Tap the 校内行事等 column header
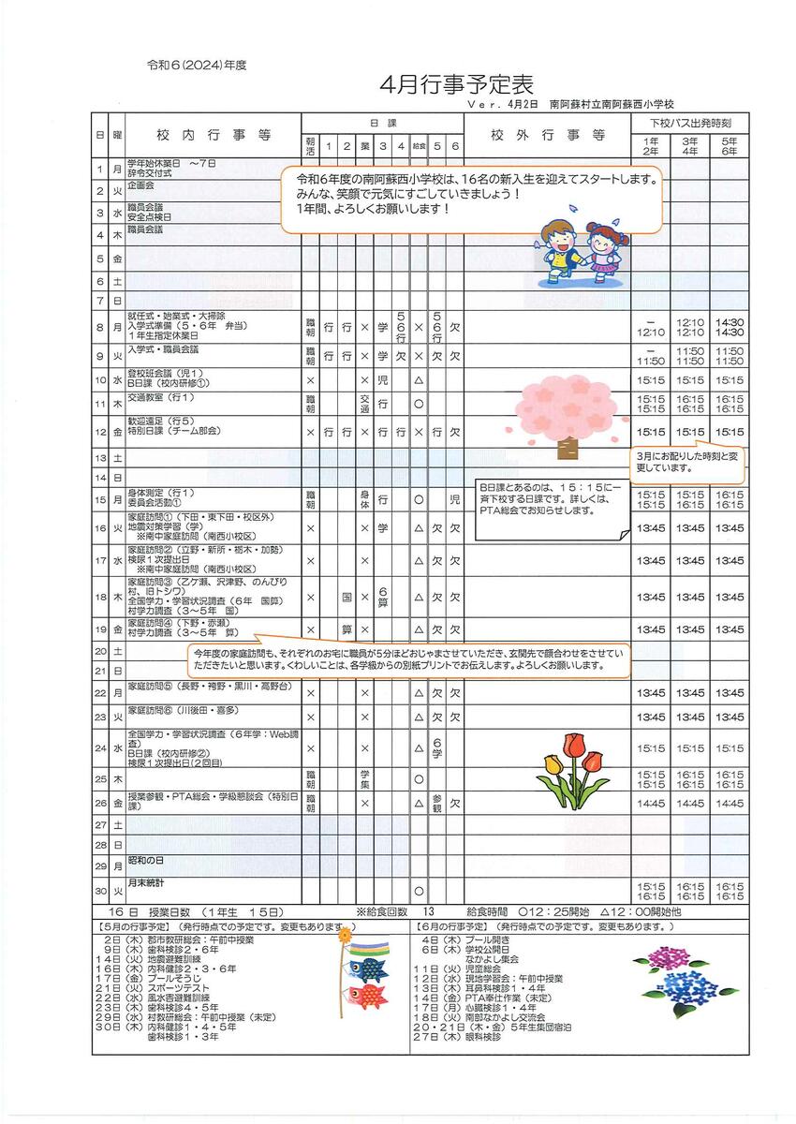pos(213,136)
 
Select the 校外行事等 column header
pos(548,136)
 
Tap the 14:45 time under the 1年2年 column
pos(650,803)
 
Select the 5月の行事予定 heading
pos(137,926)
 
